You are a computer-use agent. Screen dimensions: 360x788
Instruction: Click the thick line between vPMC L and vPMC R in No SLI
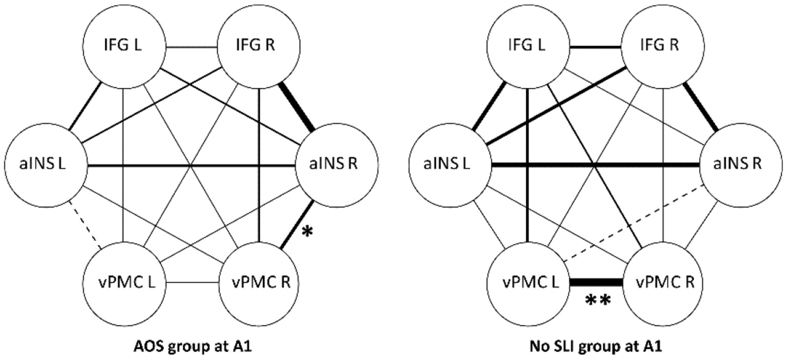click(597, 282)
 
